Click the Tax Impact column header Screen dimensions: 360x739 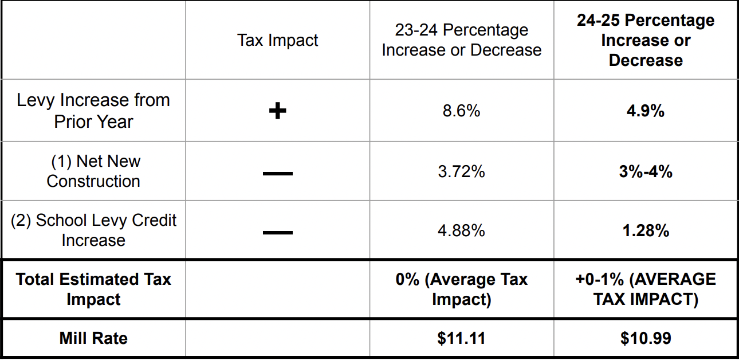[x=277, y=41]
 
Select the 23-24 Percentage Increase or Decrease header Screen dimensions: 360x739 [x=461, y=40]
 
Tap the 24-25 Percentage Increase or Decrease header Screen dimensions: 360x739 [x=646, y=40]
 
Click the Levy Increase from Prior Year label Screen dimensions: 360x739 [x=93, y=111]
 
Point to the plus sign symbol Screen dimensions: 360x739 [x=277, y=111]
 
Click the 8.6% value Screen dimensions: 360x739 [x=461, y=111]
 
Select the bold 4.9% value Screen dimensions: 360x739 [x=646, y=111]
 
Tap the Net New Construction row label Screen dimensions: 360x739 [x=93, y=171]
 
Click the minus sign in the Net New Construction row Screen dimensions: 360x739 [x=277, y=173]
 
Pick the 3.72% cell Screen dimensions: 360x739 [x=461, y=171]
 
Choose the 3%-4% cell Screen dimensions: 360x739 [x=646, y=171]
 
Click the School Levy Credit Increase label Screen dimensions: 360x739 [x=93, y=230]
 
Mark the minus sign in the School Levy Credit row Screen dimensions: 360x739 [x=277, y=232]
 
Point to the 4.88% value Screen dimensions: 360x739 [x=461, y=230]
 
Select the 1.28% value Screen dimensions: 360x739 [x=646, y=230]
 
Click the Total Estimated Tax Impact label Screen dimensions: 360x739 [x=93, y=289]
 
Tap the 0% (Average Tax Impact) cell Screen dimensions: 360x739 [x=461, y=289]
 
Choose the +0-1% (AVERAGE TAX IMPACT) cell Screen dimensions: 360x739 [x=646, y=289]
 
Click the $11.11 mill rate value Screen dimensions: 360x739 [x=461, y=338]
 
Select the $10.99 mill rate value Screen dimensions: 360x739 [x=646, y=338]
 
